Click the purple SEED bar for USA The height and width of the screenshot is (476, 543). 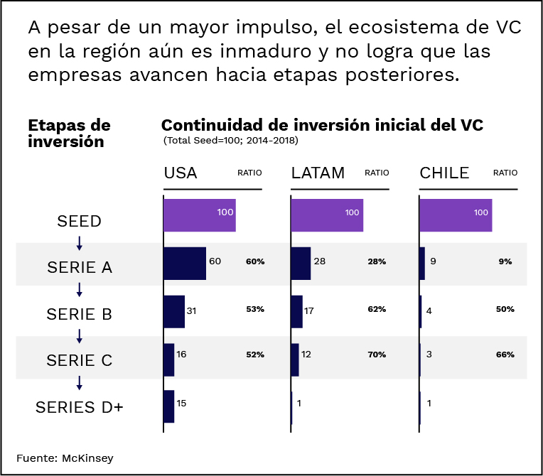tap(200, 215)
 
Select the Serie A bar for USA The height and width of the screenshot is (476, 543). tap(185, 263)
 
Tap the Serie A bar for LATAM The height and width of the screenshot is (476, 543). tap(301, 263)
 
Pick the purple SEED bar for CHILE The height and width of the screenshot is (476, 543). tap(456, 215)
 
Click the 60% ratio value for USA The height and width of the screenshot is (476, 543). tap(255, 261)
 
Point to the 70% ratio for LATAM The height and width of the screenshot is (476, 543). tap(377, 354)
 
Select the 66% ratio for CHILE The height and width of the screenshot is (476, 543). tap(505, 354)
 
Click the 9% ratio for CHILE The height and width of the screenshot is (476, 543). tap(505, 261)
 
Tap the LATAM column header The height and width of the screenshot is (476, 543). tap(318, 173)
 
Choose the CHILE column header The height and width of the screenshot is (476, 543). tap(445, 173)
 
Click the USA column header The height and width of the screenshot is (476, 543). tap(181, 173)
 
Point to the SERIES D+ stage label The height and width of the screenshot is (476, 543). tap(79, 407)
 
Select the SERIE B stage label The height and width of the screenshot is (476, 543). tap(79, 314)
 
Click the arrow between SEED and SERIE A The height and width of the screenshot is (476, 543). tap(79, 243)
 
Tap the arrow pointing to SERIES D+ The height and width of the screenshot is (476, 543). tap(79, 382)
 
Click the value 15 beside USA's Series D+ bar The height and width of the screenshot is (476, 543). tap(181, 403)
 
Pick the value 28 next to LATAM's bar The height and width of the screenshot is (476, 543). tap(320, 261)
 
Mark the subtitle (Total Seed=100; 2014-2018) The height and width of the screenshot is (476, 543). tap(230, 141)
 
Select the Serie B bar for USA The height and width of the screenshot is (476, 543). tap(174, 311)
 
